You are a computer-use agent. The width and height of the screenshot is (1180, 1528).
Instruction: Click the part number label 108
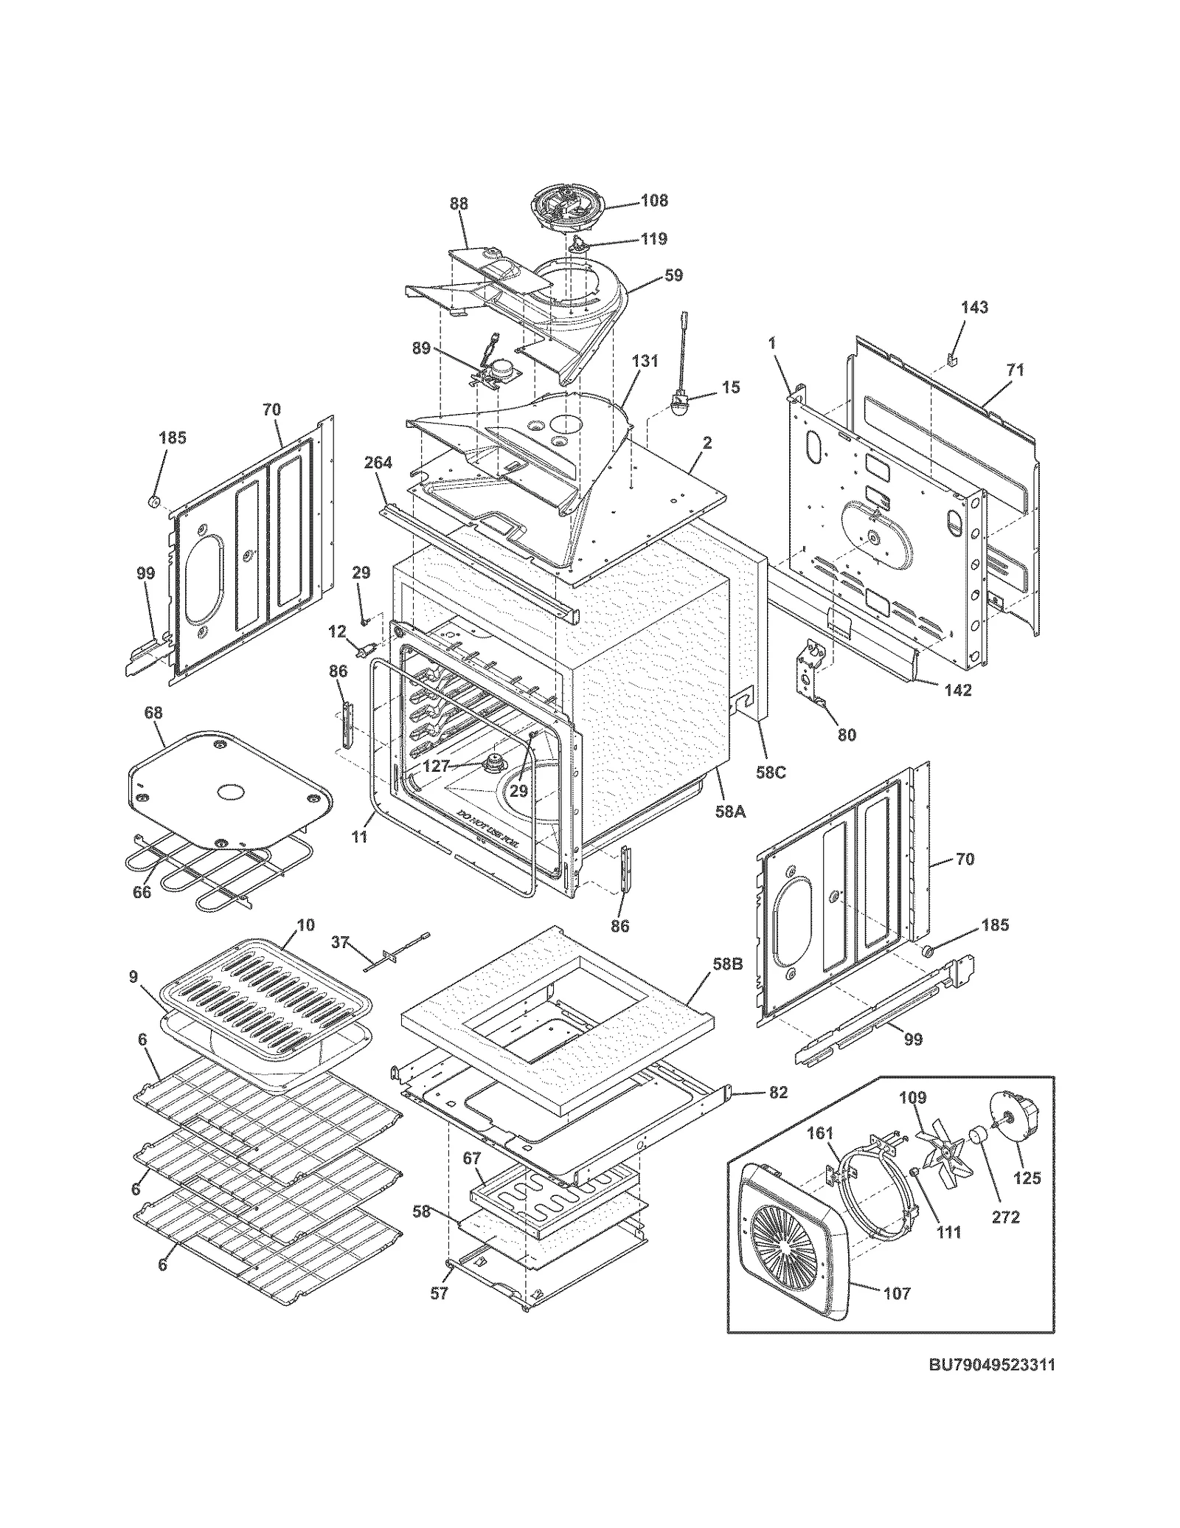click(653, 200)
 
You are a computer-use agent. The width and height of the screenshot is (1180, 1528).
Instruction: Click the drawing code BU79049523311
click(990, 1365)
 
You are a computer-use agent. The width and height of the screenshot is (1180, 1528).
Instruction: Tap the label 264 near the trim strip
click(378, 463)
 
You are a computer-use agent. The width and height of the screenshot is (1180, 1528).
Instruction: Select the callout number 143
click(974, 308)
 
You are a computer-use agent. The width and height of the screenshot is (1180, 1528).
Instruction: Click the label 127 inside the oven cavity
click(436, 766)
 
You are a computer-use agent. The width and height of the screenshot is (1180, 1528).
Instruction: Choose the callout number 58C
click(771, 772)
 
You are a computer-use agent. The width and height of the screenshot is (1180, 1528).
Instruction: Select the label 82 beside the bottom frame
click(777, 1093)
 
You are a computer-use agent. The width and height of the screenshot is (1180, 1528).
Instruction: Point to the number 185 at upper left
click(173, 438)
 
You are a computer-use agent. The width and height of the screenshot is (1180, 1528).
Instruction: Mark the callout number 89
click(421, 348)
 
